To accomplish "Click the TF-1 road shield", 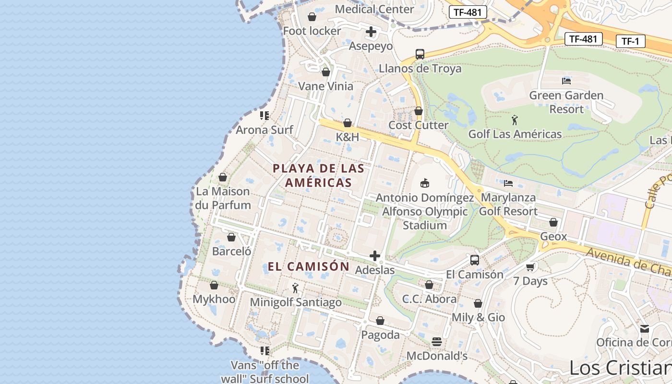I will point(630,41).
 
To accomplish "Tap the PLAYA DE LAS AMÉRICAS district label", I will point(318,175).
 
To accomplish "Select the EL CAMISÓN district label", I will point(309,266).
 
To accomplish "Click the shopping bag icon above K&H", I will point(348,123).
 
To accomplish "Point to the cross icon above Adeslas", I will point(375,256).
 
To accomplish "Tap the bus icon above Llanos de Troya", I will point(420,54).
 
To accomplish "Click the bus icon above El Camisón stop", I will point(475,260).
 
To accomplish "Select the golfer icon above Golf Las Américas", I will point(515,120).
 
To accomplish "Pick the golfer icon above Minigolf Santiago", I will point(295,288).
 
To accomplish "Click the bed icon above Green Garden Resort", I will point(566,81).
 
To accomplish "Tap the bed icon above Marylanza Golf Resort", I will point(508,183).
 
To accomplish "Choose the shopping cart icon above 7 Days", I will point(530,267).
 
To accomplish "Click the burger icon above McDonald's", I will point(437,342).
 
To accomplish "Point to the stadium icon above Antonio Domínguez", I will point(425,183).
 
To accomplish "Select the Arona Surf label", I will point(264,130).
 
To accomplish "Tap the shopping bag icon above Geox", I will point(553,222).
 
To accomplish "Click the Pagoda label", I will point(380,335).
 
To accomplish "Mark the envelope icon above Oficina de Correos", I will point(645,328).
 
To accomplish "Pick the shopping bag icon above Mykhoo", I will point(214,285).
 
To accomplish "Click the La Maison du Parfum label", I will point(223,198).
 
